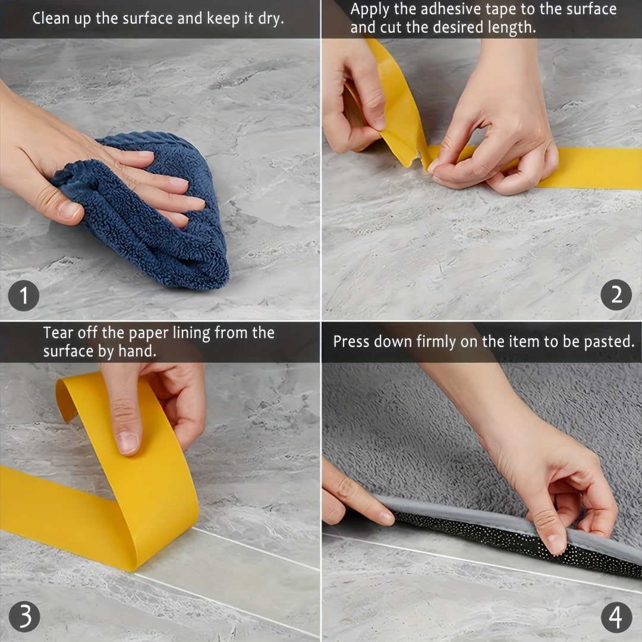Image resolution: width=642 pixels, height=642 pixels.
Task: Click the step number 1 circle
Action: tap(23, 295)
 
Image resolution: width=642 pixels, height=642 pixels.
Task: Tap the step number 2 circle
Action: tap(616, 295)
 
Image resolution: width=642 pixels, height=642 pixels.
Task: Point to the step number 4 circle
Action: tap(616, 618)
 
